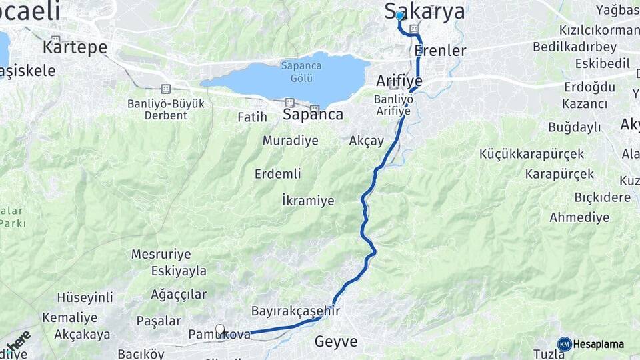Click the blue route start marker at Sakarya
point(399,15)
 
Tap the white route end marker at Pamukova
point(220,330)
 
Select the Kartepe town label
point(75,47)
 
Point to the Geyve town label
point(336,342)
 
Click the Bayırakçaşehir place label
point(295,311)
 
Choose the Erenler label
point(440,51)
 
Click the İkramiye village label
point(308,200)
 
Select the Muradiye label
point(290,141)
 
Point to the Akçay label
point(367,141)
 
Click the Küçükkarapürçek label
point(531,154)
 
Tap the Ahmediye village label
point(579,217)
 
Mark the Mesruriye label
point(161,254)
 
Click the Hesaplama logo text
point(598,344)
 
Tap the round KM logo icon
point(564,344)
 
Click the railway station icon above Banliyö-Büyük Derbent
point(165,89)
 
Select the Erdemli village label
point(277,174)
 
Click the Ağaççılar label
point(179,294)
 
